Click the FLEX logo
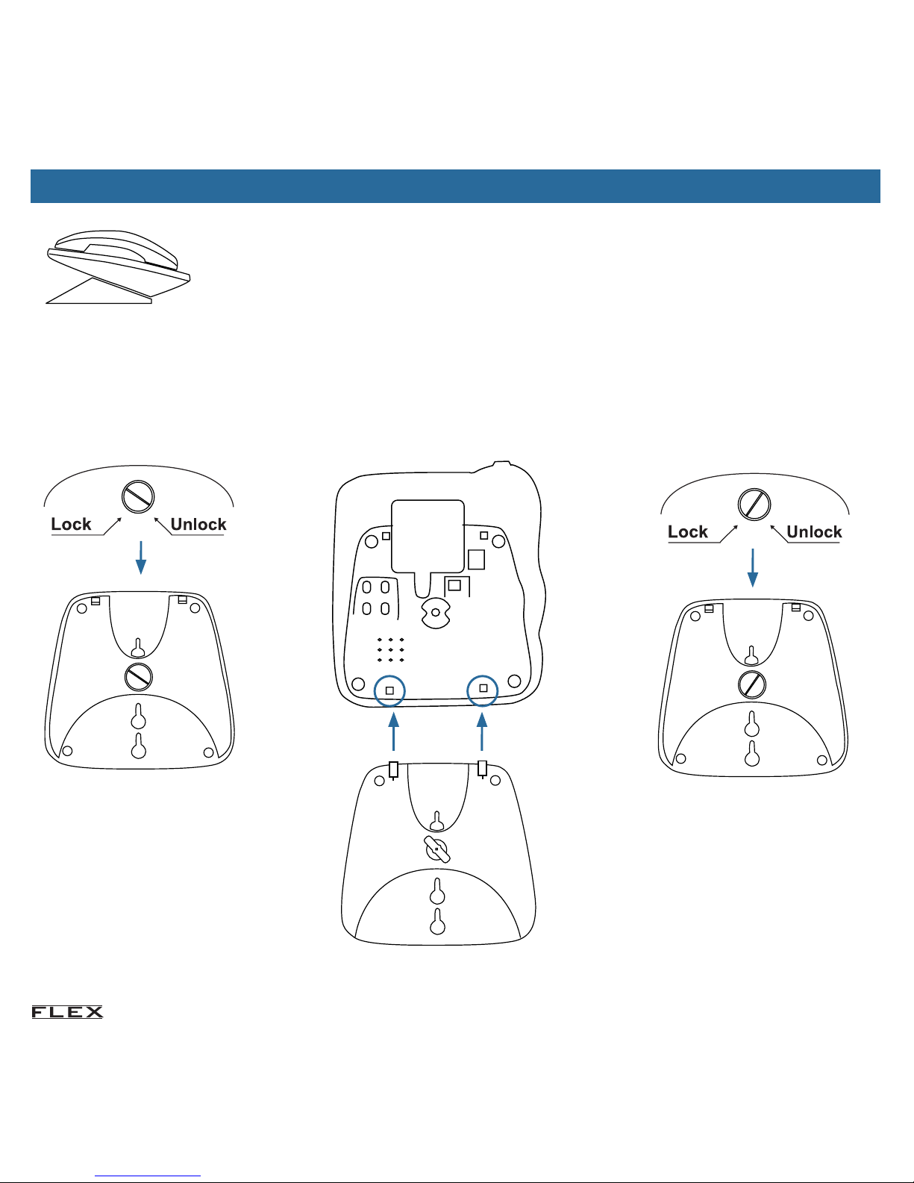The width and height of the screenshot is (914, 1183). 67,1012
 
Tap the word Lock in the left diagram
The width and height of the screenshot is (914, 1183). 71,524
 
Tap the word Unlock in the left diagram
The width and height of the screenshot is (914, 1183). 198,524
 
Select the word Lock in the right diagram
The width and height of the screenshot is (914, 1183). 688,532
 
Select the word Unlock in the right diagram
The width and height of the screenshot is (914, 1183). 815,532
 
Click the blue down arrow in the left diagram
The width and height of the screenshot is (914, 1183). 141,558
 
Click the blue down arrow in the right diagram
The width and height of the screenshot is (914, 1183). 753,568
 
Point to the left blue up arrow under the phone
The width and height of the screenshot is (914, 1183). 394,731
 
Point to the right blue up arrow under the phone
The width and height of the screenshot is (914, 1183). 482,731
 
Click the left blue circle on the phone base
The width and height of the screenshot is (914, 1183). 389,691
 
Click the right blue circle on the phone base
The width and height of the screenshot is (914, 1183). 483,690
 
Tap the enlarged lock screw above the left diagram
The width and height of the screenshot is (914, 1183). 138,496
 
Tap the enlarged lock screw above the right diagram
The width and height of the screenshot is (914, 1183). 754,504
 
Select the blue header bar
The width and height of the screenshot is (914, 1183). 455,186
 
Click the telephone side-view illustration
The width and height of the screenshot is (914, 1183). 118,266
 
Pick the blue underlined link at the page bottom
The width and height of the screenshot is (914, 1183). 148,1176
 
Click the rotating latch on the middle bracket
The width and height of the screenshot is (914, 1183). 437,849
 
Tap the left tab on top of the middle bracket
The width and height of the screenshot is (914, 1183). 393,770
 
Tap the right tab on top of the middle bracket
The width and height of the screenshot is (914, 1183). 482,769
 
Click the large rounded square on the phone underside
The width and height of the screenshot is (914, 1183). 428,536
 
